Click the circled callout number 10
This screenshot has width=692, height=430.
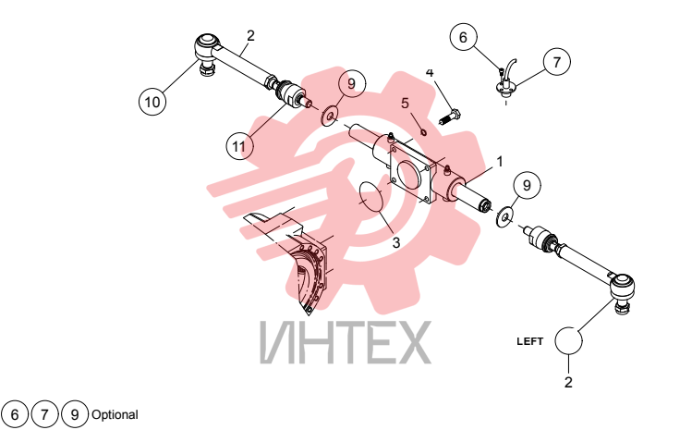click(x=152, y=102)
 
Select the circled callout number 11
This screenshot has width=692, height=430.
click(x=239, y=146)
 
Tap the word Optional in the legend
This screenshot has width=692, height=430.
click(x=115, y=415)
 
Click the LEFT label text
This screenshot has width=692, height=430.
click(x=529, y=341)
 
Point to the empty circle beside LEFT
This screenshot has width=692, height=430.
click(x=568, y=340)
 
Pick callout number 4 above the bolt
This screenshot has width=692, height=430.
click(x=430, y=72)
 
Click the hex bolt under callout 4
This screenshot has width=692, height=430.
click(x=450, y=117)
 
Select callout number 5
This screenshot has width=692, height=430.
click(x=406, y=103)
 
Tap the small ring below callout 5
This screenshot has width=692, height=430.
click(x=423, y=131)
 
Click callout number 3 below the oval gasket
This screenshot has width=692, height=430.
click(x=395, y=242)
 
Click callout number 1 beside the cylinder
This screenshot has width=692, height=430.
click(x=500, y=162)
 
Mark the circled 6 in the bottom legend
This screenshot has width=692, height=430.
click(x=15, y=414)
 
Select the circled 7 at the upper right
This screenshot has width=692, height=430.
click(x=556, y=61)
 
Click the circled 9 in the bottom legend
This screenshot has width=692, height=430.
click(x=75, y=414)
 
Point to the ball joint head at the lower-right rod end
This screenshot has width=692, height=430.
click(x=622, y=287)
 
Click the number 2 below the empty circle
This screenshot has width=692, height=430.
click(x=568, y=382)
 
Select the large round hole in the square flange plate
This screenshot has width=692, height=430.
click(x=408, y=174)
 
